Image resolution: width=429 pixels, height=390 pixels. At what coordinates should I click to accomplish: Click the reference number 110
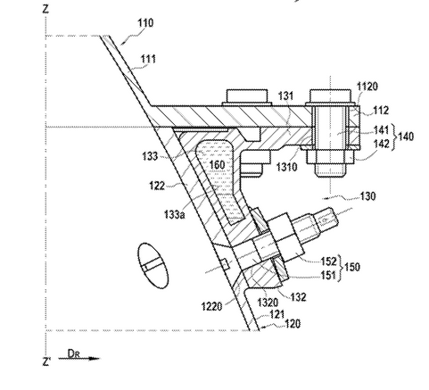[x=145, y=23]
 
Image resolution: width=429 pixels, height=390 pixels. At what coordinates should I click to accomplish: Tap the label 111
[x=148, y=59]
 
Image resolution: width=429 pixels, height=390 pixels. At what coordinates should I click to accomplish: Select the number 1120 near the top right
[x=367, y=87]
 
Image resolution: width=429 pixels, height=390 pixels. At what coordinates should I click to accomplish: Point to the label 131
[x=285, y=95]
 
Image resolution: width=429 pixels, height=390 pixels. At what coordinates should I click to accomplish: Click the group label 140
[x=406, y=137]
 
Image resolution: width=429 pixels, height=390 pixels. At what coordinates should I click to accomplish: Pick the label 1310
[x=286, y=167]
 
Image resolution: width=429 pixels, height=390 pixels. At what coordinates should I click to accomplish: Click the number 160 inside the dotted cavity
[x=217, y=164]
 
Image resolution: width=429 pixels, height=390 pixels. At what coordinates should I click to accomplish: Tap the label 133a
[x=175, y=214]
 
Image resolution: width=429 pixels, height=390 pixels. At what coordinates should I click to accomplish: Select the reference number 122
[x=157, y=186]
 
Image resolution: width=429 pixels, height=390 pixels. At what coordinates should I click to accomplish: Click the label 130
[x=368, y=196]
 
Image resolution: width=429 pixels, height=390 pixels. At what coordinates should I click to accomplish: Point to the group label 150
[x=351, y=267]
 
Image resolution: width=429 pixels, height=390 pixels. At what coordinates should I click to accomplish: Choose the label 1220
[x=211, y=306]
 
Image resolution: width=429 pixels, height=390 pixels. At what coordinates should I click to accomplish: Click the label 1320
[x=268, y=303]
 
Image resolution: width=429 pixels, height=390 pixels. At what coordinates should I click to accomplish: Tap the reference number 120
[x=293, y=323]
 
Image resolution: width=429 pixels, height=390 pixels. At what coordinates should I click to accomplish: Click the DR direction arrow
[x=79, y=359]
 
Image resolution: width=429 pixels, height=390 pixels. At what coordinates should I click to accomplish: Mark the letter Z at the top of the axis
[x=45, y=9]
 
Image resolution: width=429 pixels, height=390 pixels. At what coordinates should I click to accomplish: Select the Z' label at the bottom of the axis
[x=46, y=361]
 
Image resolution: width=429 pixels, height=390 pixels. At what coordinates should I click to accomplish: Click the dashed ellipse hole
[x=153, y=266]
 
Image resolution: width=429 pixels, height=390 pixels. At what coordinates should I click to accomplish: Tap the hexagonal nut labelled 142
[x=330, y=156]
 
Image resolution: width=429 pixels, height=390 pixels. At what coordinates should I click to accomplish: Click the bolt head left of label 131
[x=247, y=97]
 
